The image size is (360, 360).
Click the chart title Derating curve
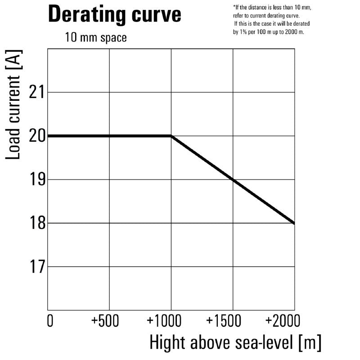[114, 14]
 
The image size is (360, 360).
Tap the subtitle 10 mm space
[96, 37]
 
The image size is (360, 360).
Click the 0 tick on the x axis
[50, 321]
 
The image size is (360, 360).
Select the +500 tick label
[106, 321]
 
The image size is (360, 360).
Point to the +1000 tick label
[164, 321]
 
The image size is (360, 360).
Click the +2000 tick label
[282, 321]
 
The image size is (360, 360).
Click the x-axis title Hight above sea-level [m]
[235, 343]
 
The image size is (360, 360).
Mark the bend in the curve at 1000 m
[171, 135]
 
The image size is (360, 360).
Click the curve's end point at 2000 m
[294, 223]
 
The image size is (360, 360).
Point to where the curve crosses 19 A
[233, 180]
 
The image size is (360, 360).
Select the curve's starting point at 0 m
[49, 135]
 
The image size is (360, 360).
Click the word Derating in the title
[80, 14]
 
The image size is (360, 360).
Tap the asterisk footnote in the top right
[272, 20]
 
